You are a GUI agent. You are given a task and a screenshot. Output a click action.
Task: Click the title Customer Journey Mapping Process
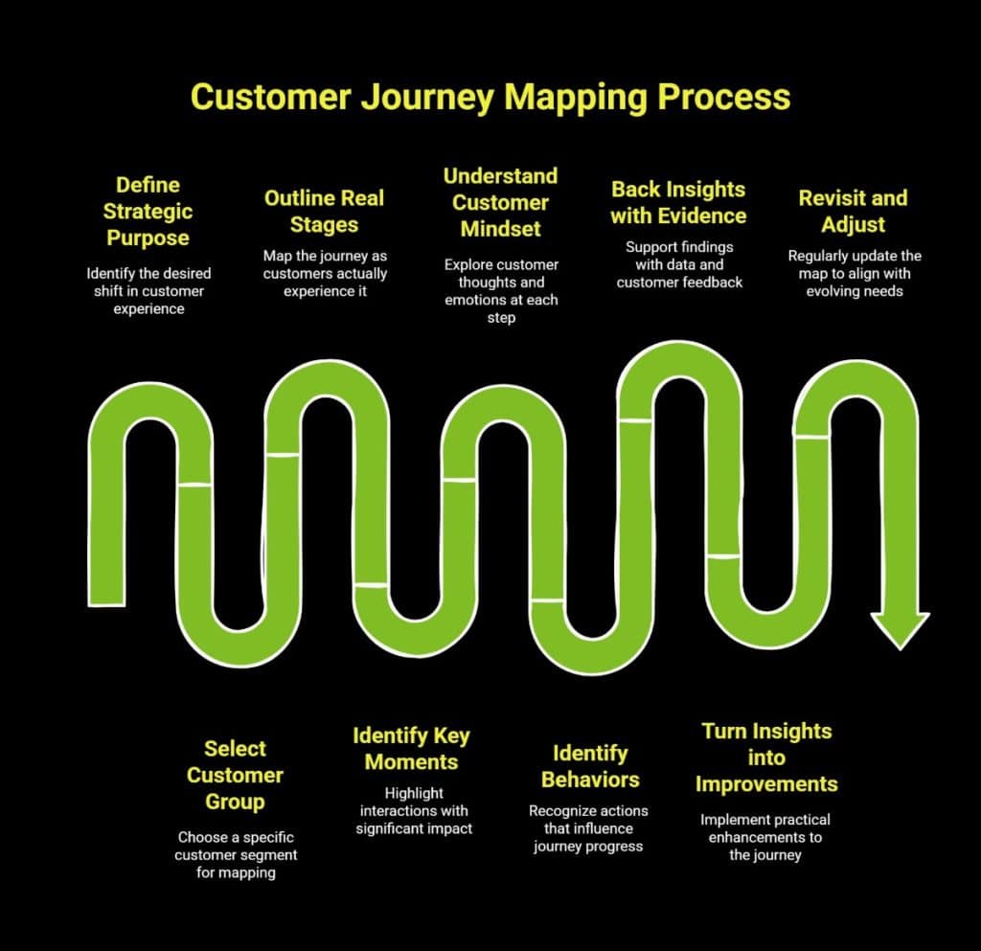pyautogui.click(x=490, y=97)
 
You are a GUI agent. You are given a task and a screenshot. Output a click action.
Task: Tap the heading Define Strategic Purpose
pyautogui.click(x=148, y=211)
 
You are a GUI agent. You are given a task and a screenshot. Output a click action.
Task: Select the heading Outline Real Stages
pyautogui.click(x=324, y=212)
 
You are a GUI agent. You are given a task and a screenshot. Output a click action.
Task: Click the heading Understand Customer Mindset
pyautogui.click(x=500, y=202)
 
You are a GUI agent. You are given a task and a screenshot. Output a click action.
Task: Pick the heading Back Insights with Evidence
pyautogui.click(x=678, y=202)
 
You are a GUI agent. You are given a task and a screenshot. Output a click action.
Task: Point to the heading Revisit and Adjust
pyautogui.click(x=853, y=212)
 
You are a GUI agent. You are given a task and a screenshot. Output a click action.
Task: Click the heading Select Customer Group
pyautogui.click(x=235, y=775)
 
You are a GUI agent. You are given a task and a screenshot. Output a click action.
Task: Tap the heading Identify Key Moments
pyautogui.click(x=411, y=749)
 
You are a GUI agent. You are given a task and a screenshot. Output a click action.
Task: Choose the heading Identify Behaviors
pyautogui.click(x=588, y=765)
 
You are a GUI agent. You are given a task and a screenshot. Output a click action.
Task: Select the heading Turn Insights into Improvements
pyautogui.click(x=766, y=757)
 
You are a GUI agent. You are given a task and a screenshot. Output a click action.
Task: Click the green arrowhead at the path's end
pyautogui.click(x=900, y=628)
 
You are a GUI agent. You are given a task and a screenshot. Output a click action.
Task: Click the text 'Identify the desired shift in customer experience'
pyautogui.click(x=148, y=291)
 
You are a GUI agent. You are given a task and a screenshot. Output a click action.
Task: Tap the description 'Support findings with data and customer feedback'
pyautogui.click(x=678, y=264)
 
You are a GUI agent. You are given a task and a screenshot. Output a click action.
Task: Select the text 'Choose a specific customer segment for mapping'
pyautogui.click(x=235, y=854)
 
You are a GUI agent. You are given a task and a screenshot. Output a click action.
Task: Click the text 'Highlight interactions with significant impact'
pyautogui.click(x=414, y=810)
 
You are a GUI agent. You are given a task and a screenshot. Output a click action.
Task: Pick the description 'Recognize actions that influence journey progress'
pyautogui.click(x=587, y=828)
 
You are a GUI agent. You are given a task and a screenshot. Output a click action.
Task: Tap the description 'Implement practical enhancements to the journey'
pyautogui.click(x=765, y=837)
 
